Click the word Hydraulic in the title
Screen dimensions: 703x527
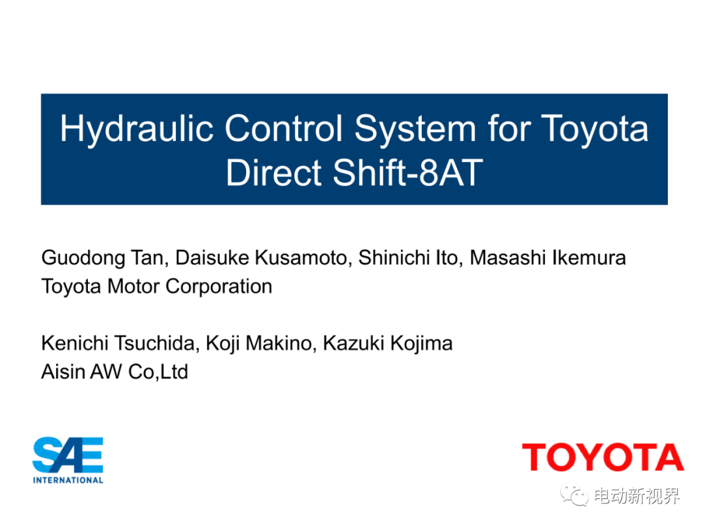click(x=137, y=129)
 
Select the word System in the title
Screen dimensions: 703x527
click(x=415, y=129)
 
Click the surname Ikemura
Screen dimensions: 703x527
click(x=588, y=258)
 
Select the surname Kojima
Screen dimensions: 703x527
click(x=421, y=344)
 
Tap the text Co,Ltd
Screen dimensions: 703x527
click(x=158, y=372)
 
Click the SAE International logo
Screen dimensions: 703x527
click(x=68, y=460)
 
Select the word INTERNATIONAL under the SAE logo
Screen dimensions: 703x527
click(x=68, y=480)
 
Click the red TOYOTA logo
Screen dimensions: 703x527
click(x=603, y=457)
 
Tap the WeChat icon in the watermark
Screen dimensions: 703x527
click(x=574, y=495)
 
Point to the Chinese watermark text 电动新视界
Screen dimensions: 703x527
click(x=637, y=496)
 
